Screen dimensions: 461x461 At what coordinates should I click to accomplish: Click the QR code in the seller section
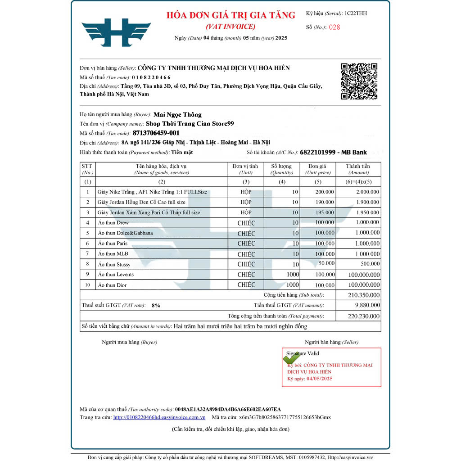point(359,81)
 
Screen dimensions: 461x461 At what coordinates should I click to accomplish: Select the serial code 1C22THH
point(355,14)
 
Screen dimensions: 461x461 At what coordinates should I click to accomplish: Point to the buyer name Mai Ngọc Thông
point(177,115)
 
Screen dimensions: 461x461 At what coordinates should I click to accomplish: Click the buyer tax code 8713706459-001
point(156,133)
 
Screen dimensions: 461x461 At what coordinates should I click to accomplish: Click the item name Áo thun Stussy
point(114,264)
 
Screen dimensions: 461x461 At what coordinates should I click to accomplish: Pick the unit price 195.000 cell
point(324,212)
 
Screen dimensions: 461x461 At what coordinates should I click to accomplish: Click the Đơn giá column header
point(318,166)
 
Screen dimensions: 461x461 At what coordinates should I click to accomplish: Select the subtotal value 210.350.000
point(364,295)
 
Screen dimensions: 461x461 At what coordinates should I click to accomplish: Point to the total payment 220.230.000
point(364,316)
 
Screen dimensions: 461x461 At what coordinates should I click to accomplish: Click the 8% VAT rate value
point(156,305)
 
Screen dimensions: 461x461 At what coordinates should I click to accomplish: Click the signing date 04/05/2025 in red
point(319,379)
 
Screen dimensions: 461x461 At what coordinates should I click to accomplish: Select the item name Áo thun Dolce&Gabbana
point(125,233)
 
